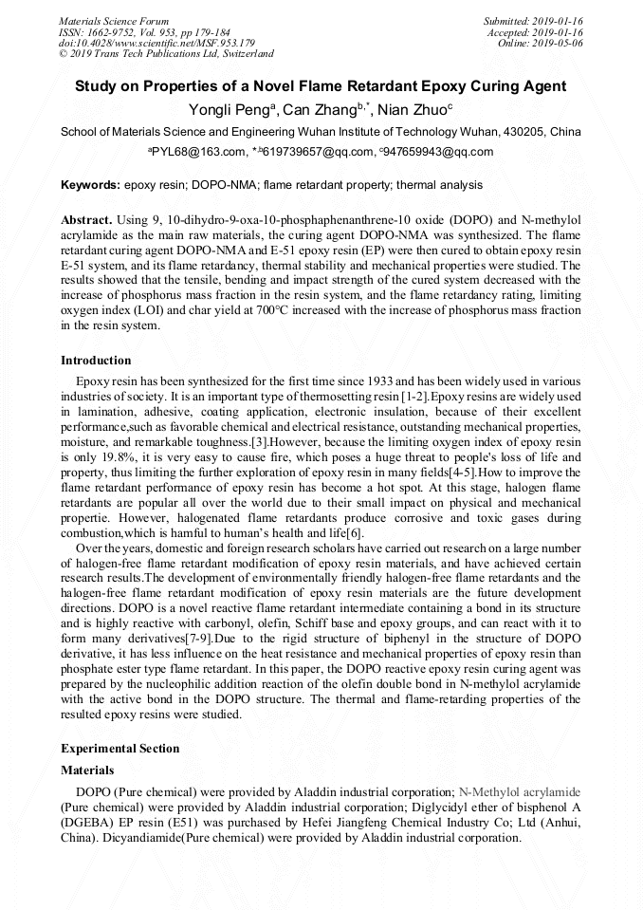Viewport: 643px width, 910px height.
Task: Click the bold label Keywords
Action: (90, 185)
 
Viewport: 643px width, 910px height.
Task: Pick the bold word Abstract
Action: (86, 219)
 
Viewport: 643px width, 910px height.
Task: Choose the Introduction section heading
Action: (96, 361)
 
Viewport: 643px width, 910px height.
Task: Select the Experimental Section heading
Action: (119, 749)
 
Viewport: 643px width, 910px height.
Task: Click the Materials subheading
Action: (87, 771)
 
